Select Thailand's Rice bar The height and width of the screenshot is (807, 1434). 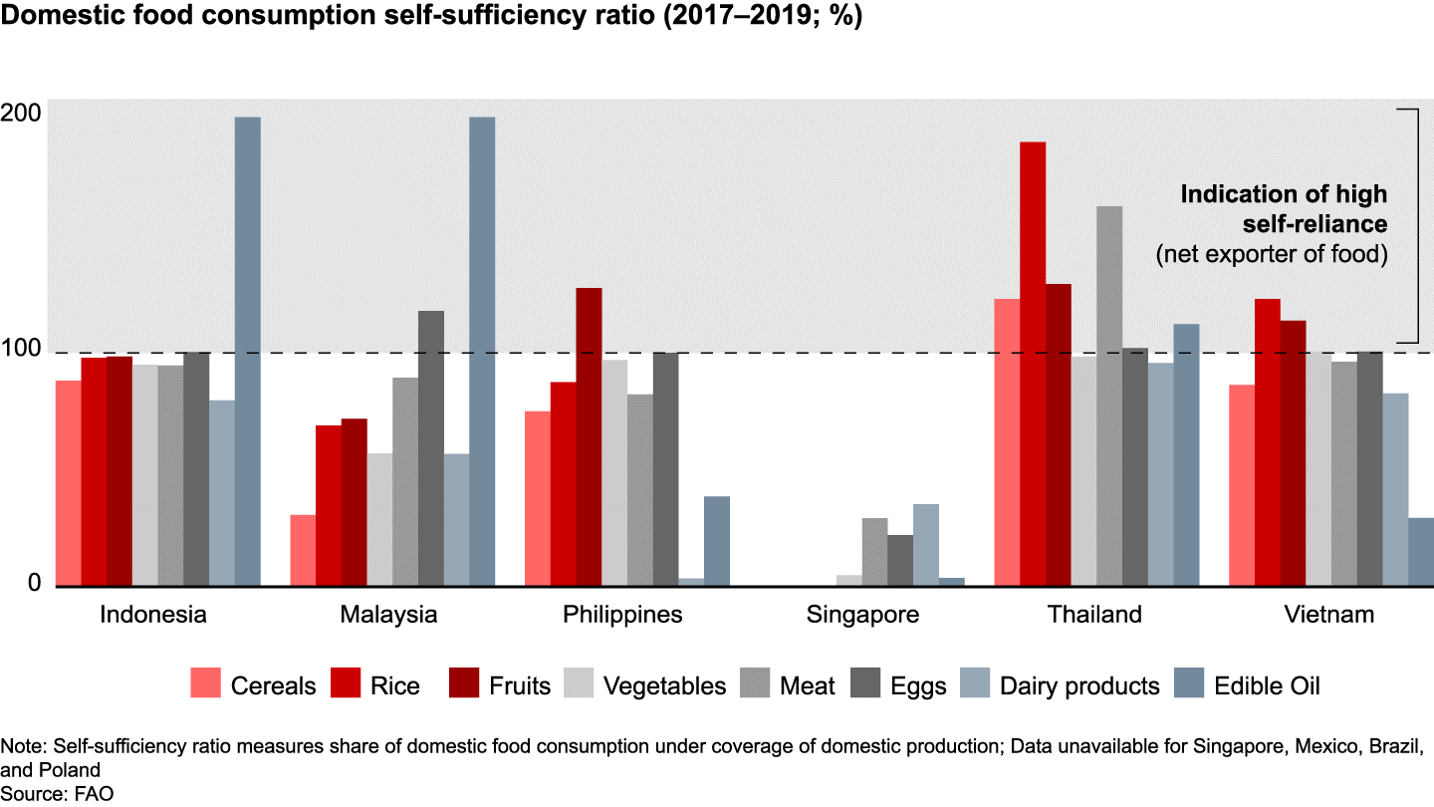pos(1033,364)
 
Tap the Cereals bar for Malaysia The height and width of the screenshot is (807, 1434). pos(303,550)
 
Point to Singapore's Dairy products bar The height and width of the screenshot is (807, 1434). pos(926,545)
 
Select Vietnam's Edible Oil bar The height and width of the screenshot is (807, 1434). pos(1421,552)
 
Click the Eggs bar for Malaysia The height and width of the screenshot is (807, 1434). pos(431,448)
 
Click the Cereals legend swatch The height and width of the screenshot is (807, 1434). pos(206,685)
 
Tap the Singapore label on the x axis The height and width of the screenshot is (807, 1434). pos(862,615)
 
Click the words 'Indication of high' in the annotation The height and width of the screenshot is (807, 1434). pos(1283,193)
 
